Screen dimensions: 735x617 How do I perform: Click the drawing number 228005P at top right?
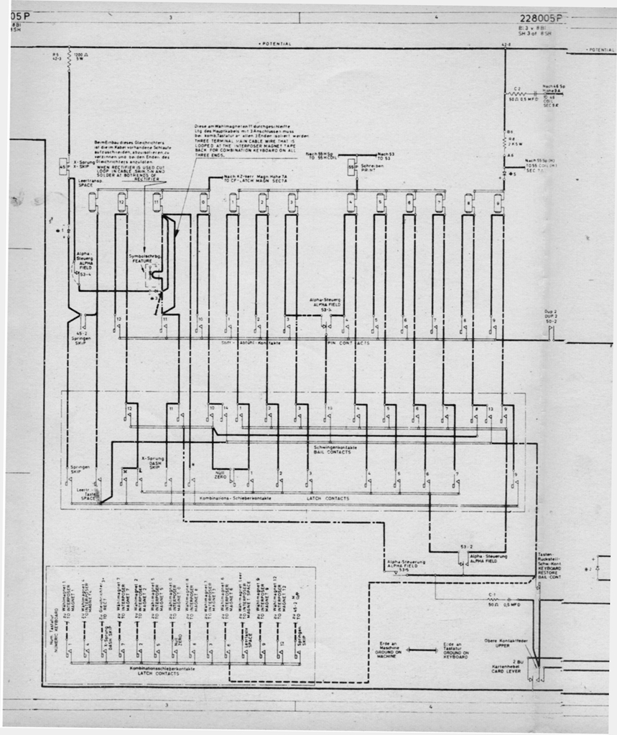click(x=544, y=19)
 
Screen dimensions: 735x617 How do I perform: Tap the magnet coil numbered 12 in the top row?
click(x=121, y=202)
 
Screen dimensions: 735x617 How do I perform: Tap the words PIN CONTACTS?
click(x=348, y=344)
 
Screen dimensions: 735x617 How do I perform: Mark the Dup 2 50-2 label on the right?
click(x=551, y=317)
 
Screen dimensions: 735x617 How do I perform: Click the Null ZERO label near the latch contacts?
click(x=221, y=475)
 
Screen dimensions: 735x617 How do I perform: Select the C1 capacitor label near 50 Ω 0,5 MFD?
click(x=492, y=596)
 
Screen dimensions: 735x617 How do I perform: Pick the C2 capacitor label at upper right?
click(x=517, y=89)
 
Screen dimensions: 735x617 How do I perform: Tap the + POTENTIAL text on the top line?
click(x=274, y=44)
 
